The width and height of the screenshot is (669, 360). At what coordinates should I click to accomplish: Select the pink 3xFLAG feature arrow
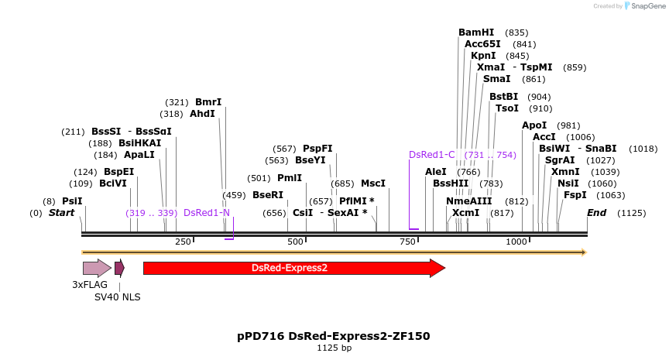(97, 268)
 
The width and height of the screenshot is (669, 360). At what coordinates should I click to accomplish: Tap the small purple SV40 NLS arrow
(119, 268)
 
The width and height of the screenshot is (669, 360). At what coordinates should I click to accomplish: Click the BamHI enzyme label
(475, 33)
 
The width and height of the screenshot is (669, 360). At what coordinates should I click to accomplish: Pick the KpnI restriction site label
(483, 56)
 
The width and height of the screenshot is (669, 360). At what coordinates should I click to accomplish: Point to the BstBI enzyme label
(503, 97)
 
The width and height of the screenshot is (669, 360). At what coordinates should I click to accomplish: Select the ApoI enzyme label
(534, 125)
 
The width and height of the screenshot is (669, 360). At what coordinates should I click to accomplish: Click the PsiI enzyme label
(72, 201)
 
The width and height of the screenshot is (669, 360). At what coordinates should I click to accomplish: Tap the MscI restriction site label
(373, 183)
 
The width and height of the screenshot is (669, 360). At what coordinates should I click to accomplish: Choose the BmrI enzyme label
(208, 102)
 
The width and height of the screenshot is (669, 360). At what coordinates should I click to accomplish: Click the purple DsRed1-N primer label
(207, 213)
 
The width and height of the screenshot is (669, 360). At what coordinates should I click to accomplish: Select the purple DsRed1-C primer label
(432, 155)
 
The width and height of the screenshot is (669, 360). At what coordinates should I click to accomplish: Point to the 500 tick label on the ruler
(295, 242)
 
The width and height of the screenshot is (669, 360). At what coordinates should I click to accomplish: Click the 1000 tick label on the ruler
(516, 242)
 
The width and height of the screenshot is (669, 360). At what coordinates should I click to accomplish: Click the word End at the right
(597, 212)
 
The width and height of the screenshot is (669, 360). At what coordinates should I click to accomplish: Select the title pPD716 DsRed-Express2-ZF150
(334, 336)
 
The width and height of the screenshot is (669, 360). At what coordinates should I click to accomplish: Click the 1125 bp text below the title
(334, 348)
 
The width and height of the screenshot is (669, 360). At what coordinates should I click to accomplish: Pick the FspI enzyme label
(575, 195)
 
